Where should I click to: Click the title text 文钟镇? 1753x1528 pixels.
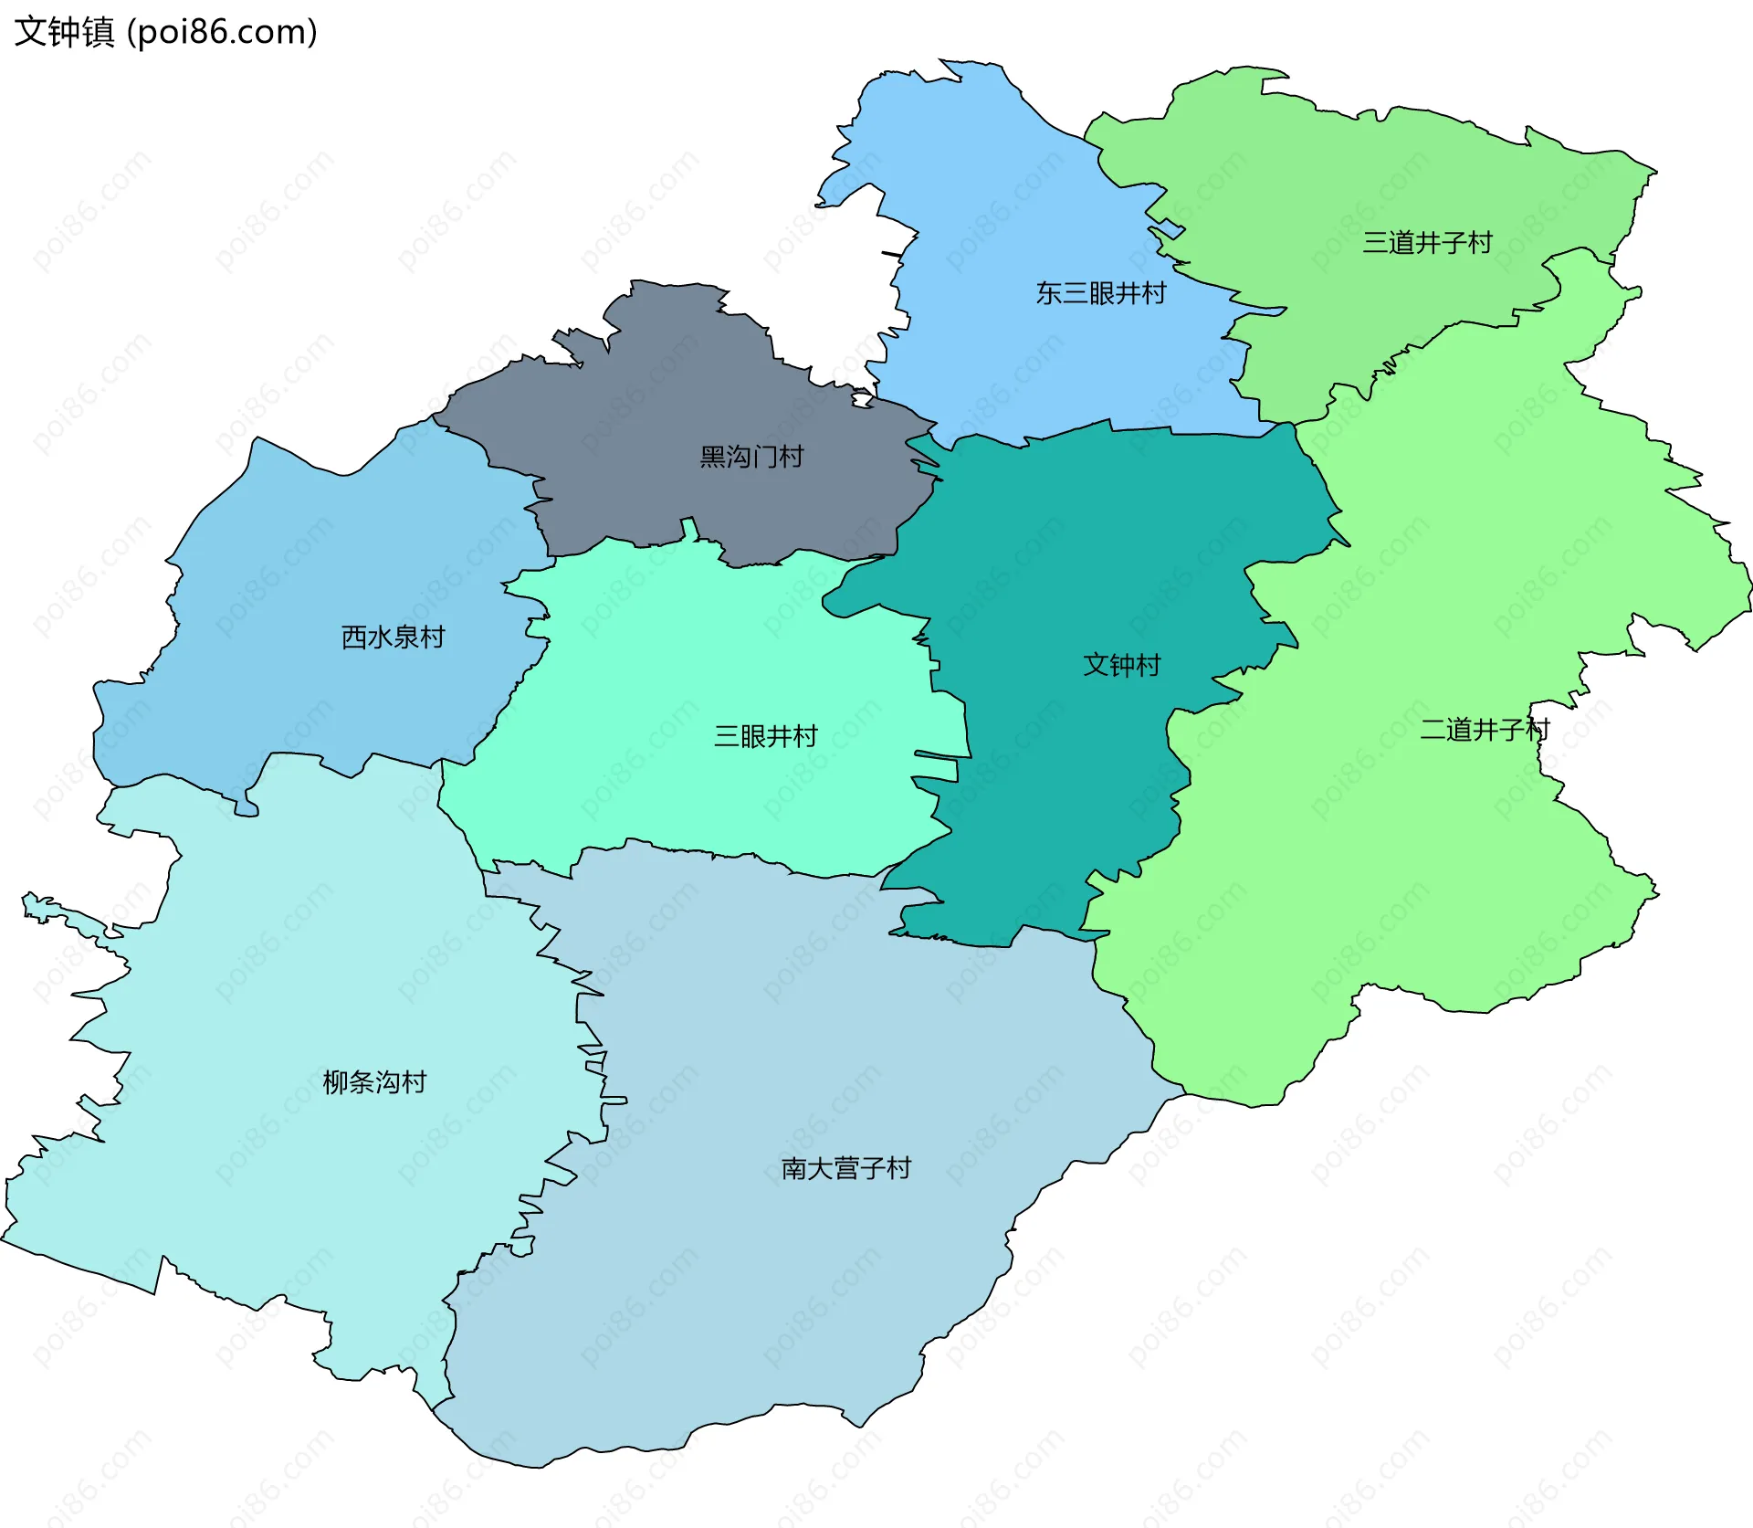[64, 32]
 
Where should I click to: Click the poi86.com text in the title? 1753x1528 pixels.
[222, 32]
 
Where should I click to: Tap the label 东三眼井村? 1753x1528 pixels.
[1101, 293]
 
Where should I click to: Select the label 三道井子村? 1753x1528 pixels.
[1427, 242]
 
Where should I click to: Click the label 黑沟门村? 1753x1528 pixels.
[751, 457]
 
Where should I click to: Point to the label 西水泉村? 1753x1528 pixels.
[393, 637]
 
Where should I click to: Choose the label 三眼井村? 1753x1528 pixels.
[765, 736]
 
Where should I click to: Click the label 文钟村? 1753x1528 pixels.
[1121, 665]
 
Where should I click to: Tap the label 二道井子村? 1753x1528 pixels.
[1485, 729]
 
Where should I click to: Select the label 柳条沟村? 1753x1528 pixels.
[374, 1082]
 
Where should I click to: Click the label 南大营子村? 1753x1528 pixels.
[845, 1168]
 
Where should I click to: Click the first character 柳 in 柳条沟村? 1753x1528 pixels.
[336, 1082]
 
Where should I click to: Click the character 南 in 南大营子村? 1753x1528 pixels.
[793, 1168]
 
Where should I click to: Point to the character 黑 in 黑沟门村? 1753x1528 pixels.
[712, 457]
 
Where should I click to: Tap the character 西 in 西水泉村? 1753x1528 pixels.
[354, 637]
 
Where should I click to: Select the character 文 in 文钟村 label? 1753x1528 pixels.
[1096, 665]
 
